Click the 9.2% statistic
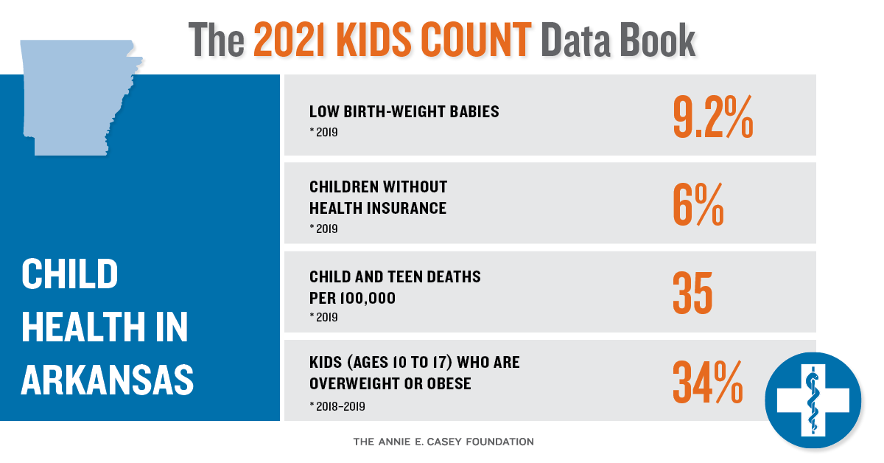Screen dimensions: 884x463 coord(713,117)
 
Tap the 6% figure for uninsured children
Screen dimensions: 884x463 coord(698,205)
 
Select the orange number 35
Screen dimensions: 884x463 coord(692,293)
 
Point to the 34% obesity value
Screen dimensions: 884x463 coord(708,382)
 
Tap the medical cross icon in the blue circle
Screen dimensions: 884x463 coord(813,400)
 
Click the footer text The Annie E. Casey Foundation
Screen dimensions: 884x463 coord(443,442)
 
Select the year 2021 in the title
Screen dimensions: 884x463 coord(290,40)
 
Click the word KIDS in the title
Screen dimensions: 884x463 coord(374,40)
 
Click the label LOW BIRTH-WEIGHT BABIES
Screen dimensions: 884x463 coord(404,111)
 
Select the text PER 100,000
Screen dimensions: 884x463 coord(352,299)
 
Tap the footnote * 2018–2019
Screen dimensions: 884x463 coord(337,406)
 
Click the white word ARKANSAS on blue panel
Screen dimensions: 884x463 coord(108,380)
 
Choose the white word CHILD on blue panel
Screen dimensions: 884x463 coord(69,274)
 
